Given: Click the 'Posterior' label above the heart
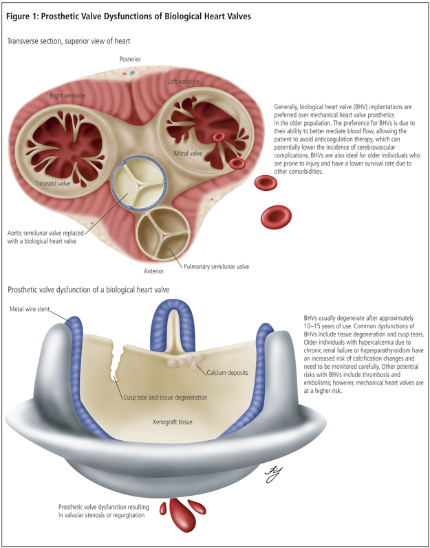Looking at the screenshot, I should (129, 60).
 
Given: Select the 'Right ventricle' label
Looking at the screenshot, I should (67, 95).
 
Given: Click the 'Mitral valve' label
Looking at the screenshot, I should (187, 153).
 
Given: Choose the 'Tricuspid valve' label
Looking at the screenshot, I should (54, 183).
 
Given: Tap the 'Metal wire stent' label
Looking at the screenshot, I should (29, 309).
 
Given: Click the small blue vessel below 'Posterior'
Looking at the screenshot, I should (135, 71).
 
